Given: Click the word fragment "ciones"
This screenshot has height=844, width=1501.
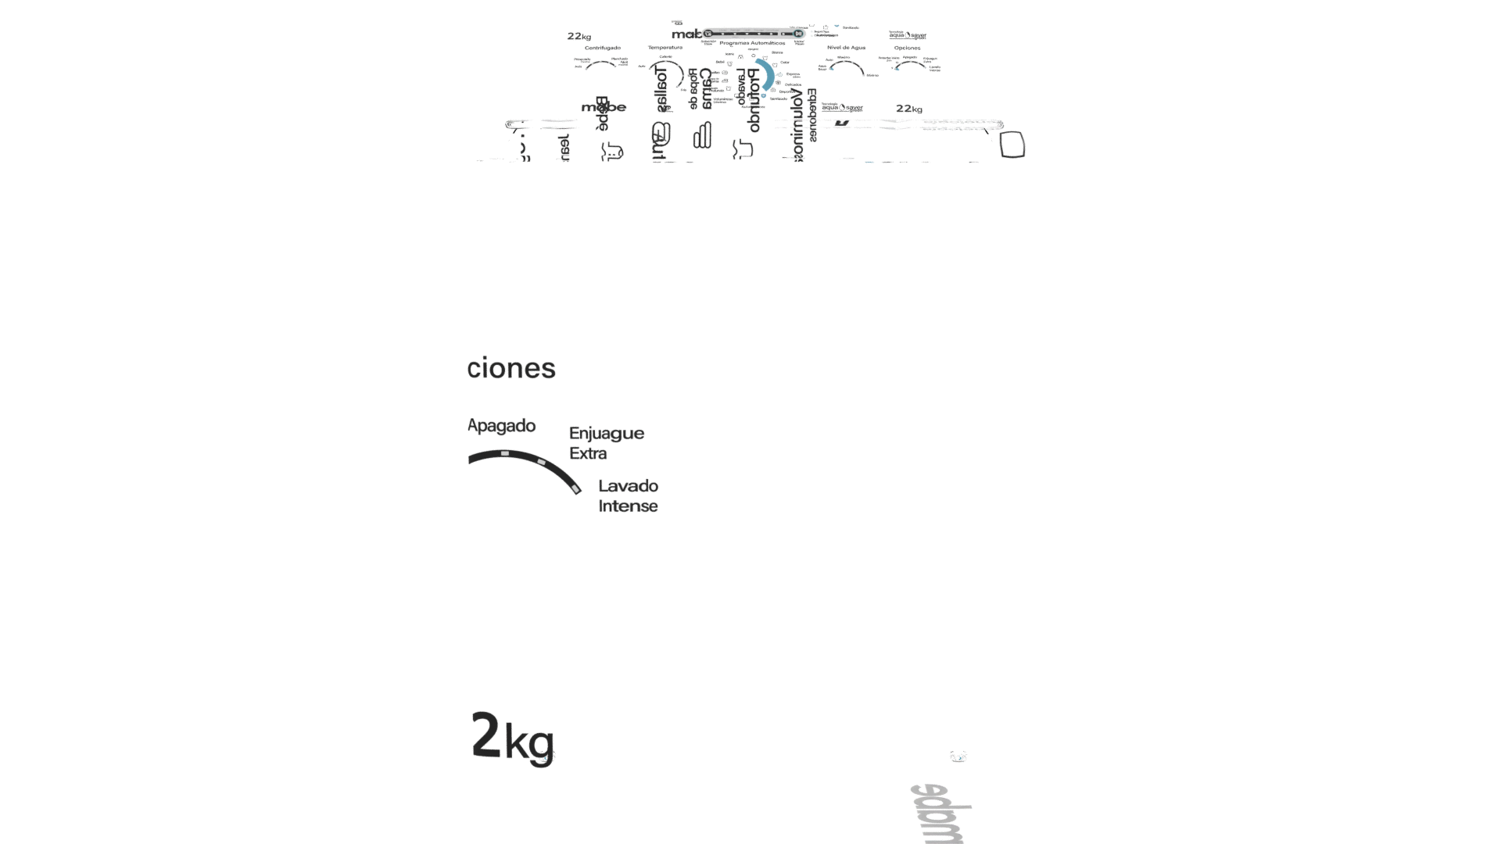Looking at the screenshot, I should coord(511,368).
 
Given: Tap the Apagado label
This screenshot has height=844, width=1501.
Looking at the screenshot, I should coord(501,426).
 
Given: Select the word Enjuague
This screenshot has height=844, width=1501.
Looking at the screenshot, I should coord(607,433).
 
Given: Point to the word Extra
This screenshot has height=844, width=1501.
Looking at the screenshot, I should coord(588,453).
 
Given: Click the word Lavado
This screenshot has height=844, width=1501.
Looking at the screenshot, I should coord(628,486).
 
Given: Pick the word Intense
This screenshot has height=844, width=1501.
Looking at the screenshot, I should coord(628,506).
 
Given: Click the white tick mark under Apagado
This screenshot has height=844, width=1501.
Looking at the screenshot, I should coord(505,453).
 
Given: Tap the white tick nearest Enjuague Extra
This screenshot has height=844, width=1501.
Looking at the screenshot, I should coord(541,462).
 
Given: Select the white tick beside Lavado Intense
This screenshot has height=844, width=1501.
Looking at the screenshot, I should coord(576,489).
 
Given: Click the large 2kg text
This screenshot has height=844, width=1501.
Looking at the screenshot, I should coord(513,737).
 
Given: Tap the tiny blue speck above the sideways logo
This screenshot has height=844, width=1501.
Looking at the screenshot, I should coord(958,756).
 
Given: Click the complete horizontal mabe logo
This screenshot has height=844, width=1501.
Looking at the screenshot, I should coord(604,107).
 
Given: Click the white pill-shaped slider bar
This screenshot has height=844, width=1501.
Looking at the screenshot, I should coord(753,34).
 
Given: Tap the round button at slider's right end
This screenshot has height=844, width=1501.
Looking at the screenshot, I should coord(798,34).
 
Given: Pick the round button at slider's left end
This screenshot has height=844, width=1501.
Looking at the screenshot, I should coord(708,34).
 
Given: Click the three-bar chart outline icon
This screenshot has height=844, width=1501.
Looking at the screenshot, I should coord(701,135).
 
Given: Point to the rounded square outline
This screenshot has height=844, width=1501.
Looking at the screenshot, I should coord(1012,145).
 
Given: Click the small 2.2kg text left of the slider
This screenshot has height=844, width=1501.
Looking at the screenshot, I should coord(579,37).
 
